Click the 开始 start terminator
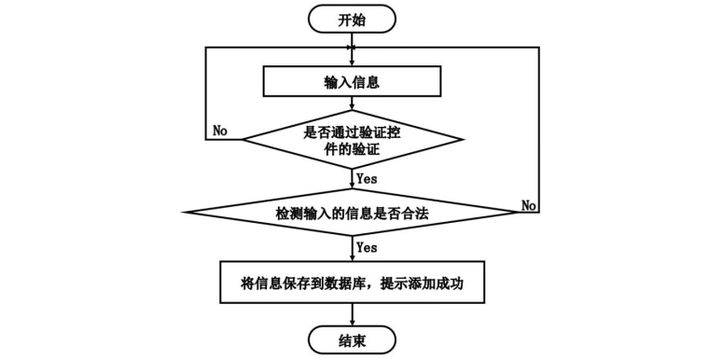click(353, 18)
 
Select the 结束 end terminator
click(353, 339)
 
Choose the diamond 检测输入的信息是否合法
click(353, 214)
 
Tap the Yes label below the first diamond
click(367, 176)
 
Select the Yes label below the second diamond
click(367, 247)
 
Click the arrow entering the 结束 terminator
click(353, 312)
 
